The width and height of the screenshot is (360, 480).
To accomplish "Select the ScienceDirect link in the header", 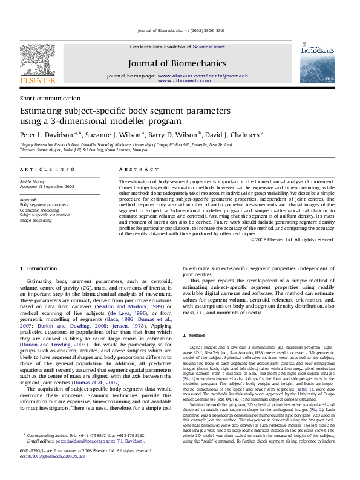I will pyautogui.click(x=209, y=47).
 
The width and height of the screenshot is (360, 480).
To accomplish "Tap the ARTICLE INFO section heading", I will pyautogui.click(x=48, y=170).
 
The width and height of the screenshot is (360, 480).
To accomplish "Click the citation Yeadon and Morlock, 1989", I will pyautogui.click(x=134, y=307).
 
